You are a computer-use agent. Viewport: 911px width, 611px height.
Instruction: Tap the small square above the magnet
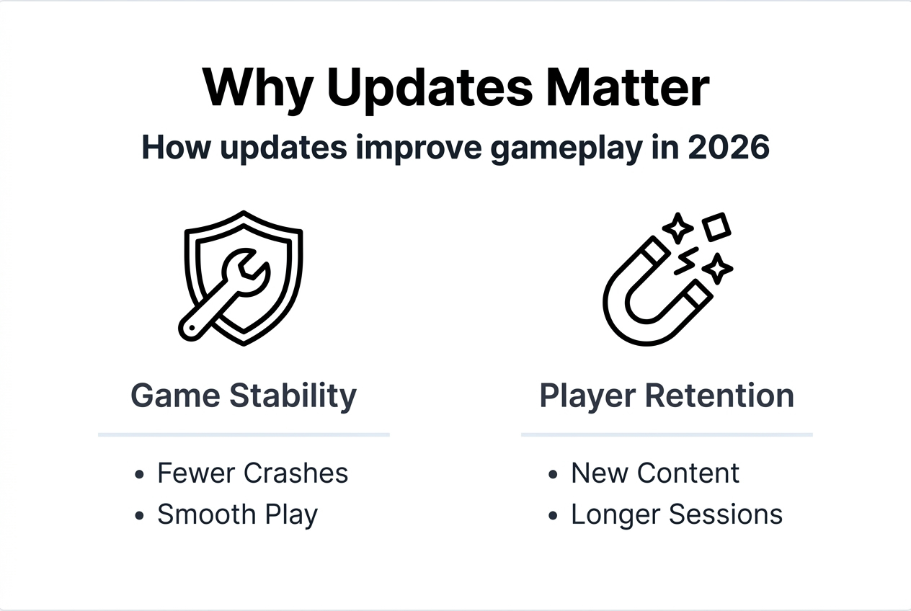716,228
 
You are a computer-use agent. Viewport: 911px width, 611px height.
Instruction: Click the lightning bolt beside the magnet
686,261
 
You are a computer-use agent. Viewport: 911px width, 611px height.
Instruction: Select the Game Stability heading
244,396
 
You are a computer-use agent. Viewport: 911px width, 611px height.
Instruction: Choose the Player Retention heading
667,396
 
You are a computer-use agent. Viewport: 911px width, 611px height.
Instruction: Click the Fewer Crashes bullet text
252,473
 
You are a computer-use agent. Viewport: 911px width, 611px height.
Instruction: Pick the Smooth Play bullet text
237,515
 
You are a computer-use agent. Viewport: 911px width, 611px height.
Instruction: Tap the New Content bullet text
654,473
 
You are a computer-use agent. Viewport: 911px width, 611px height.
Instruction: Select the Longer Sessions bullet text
676,514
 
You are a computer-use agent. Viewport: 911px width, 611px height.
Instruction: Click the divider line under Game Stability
244,434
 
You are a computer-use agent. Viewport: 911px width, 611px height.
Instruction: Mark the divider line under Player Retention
667,434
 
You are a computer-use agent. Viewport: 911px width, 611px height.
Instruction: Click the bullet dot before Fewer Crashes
139,475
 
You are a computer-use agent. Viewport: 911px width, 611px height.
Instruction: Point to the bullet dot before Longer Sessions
553,516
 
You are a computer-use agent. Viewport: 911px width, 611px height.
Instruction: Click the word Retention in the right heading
721,396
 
